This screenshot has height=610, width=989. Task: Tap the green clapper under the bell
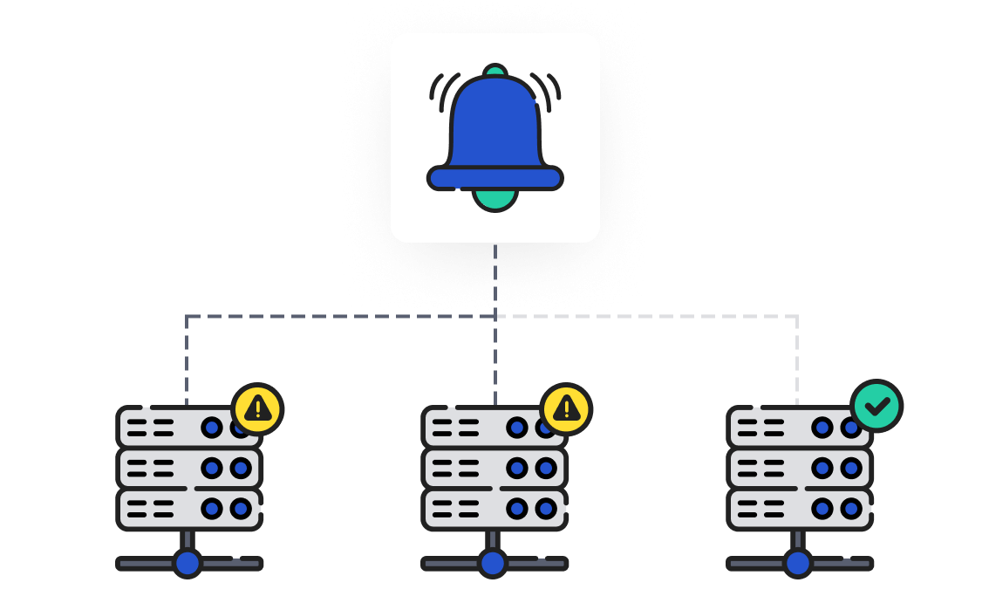494,200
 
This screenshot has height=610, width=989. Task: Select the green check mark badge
876,406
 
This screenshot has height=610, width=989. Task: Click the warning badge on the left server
257,408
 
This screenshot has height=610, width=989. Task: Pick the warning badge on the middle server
566,408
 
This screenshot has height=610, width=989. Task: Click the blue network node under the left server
188,563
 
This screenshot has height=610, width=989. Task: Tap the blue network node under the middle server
493,563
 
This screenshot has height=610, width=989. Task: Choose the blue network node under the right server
798,563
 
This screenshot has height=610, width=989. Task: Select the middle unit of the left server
188,469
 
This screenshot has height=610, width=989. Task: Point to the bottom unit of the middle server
494,509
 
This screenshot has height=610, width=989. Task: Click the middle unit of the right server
799,469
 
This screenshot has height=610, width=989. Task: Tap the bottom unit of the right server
799,509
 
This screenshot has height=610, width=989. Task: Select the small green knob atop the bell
494,70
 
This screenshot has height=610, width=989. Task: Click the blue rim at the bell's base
494,178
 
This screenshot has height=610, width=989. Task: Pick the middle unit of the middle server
494,469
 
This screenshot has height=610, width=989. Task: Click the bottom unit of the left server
188,509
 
